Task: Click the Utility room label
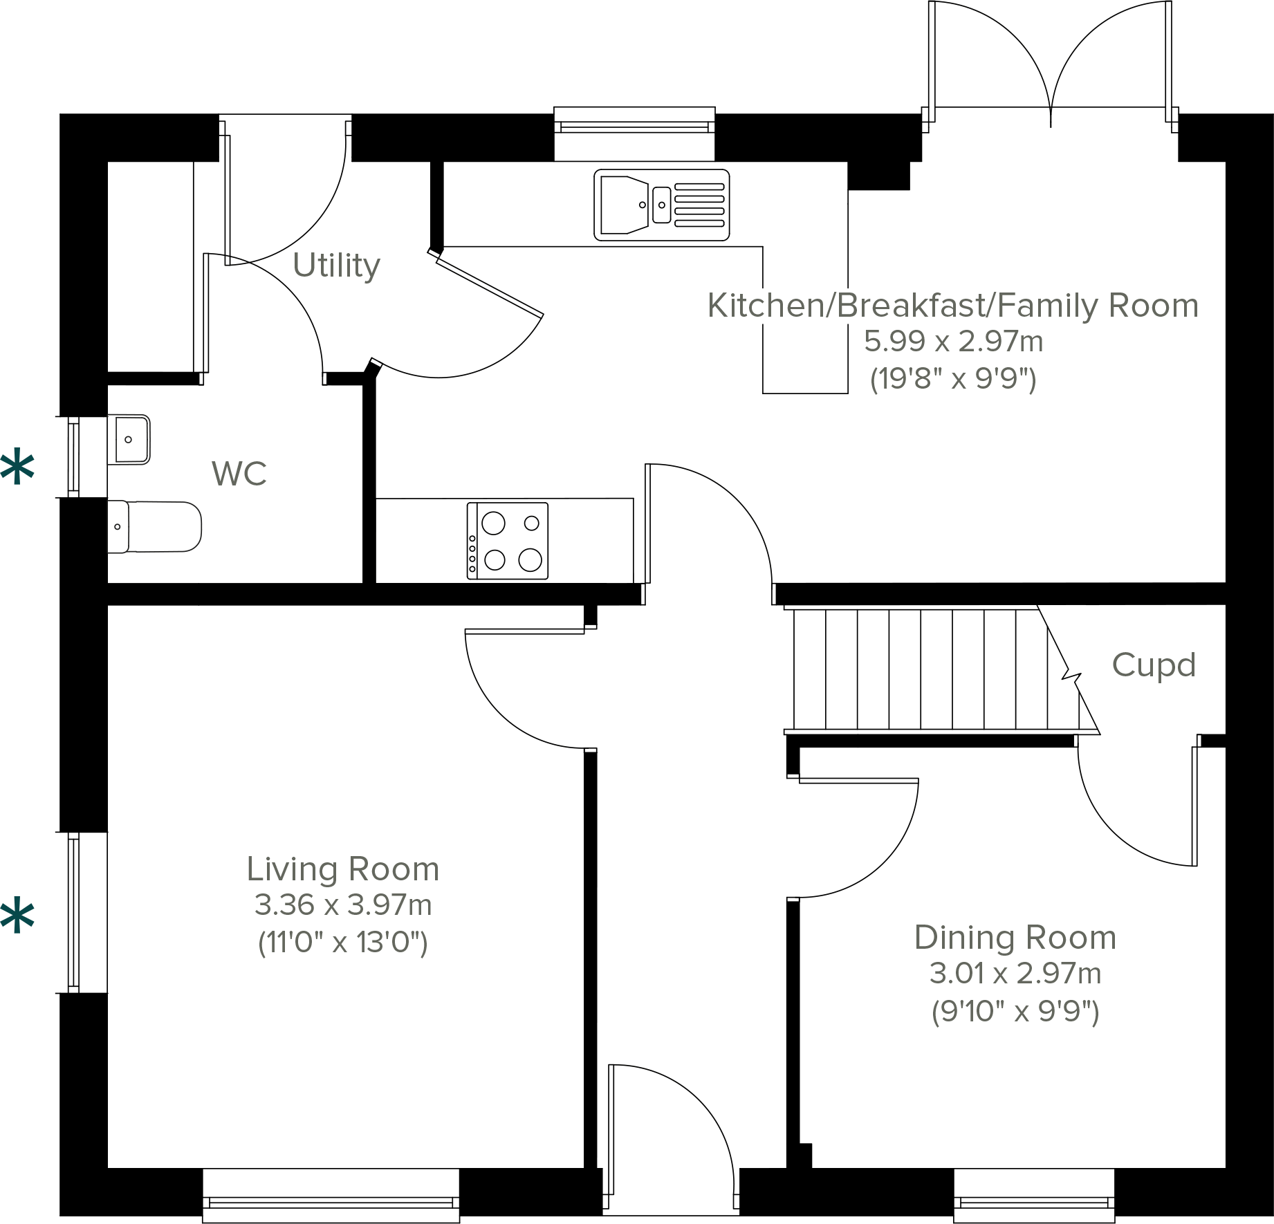[336, 266]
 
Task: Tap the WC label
[239, 474]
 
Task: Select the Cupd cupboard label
[1154, 665]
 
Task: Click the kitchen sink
[661, 205]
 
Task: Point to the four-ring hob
[508, 541]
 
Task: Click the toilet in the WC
[156, 527]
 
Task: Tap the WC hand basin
[130, 439]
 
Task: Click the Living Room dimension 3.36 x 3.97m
[343, 905]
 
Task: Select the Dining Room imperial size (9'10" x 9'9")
[1015, 1012]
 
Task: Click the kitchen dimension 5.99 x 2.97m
[953, 342]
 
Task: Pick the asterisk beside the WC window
[17, 469]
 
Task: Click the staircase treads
[920, 669]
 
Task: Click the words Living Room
[343, 869]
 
